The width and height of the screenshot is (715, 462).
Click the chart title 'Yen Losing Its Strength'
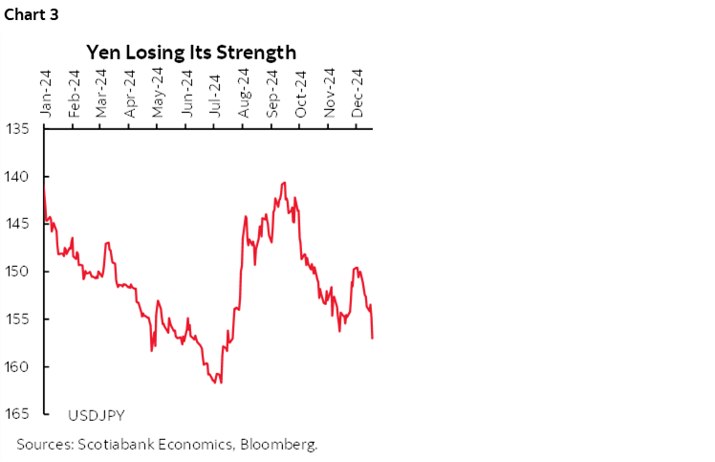click(191, 52)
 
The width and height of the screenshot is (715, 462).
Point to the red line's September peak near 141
click(284, 182)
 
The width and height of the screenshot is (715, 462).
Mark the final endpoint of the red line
click(372, 338)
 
